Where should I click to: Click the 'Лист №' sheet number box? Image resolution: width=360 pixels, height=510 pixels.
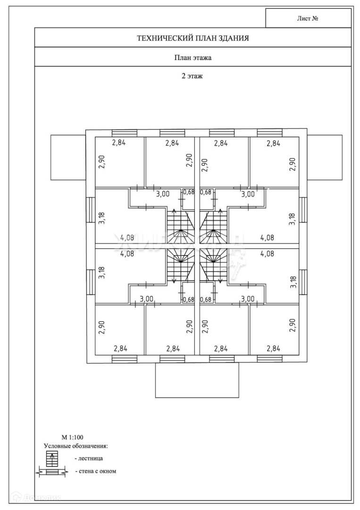(x=308, y=19)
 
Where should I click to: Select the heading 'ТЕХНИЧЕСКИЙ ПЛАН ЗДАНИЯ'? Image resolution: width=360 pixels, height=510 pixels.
(x=193, y=38)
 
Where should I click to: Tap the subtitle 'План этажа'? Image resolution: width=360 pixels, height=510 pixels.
(x=193, y=58)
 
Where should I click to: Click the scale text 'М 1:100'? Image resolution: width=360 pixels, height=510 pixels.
(x=72, y=437)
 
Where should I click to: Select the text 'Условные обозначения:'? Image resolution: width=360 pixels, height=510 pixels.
(x=76, y=445)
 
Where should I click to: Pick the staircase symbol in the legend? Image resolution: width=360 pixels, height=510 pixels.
(x=52, y=458)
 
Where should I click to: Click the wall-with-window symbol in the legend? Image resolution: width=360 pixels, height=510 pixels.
(x=52, y=471)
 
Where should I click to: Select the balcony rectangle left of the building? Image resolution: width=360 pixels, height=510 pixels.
(x=68, y=157)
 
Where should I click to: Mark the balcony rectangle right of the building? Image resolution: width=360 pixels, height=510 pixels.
(x=325, y=157)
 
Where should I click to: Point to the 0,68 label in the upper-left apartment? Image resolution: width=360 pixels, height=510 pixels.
(x=189, y=192)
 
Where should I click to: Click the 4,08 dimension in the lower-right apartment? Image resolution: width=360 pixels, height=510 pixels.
(x=267, y=254)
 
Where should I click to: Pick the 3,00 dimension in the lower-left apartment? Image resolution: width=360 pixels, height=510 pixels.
(x=147, y=298)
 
